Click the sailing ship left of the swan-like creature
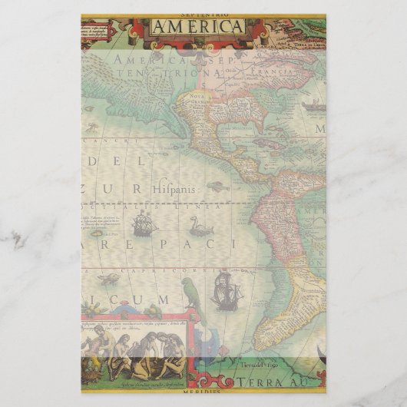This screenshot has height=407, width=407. tap(144, 223)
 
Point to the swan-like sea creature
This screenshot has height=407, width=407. tap(200, 226)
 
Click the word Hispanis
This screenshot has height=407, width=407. tap(175, 187)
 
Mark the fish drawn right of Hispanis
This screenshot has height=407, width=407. tap(217, 186)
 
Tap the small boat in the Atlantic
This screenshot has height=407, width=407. tap(313, 106)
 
